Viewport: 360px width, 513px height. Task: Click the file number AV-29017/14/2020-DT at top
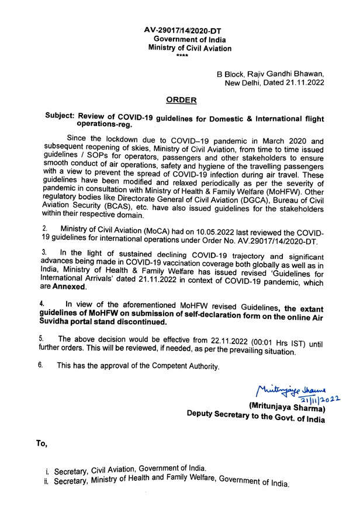182,29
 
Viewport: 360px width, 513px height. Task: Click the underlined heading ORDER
180,100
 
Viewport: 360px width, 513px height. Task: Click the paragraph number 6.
41,366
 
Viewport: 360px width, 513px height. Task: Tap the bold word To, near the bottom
41,444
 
